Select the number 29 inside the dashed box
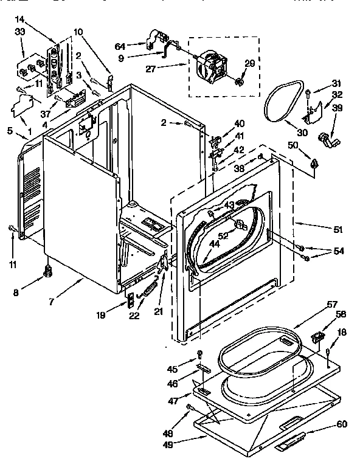click(249, 63)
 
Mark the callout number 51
click(337, 230)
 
